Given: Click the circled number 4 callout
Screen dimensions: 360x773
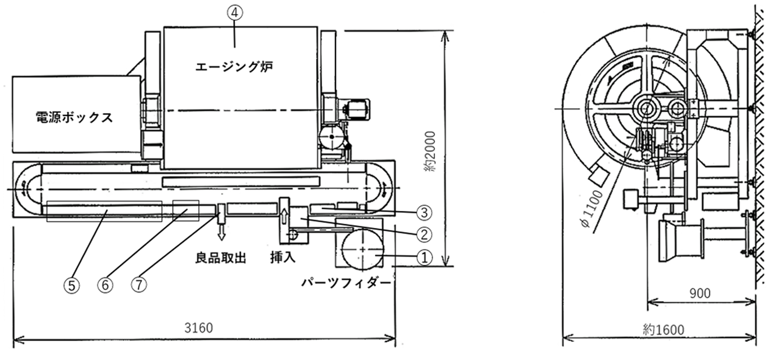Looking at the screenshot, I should click(x=234, y=13).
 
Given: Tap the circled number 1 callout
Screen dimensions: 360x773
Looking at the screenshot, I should click(x=424, y=257).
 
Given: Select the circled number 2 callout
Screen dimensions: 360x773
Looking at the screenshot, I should click(x=424, y=234).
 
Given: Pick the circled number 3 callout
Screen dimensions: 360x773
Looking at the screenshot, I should click(x=424, y=213).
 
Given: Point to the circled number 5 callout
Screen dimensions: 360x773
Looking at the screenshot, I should click(x=72, y=285).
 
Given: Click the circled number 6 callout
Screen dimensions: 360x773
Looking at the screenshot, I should click(x=105, y=285).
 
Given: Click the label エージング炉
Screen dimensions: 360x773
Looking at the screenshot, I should click(x=234, y=67).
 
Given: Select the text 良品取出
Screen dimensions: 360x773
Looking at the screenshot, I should click(x=221, y=258).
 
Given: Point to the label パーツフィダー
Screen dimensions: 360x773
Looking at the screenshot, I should click(x=346, y=283).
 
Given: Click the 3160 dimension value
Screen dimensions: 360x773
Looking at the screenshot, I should click(x=198, y=328).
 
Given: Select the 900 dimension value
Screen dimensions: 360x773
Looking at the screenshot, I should click(x=700, y=293).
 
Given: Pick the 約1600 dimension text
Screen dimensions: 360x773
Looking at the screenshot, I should click(x=664, y=330).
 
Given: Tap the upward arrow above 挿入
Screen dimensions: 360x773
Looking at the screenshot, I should click(x=284, y=216).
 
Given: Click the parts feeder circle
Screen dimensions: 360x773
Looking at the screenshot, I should click(x=362, y=249).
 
